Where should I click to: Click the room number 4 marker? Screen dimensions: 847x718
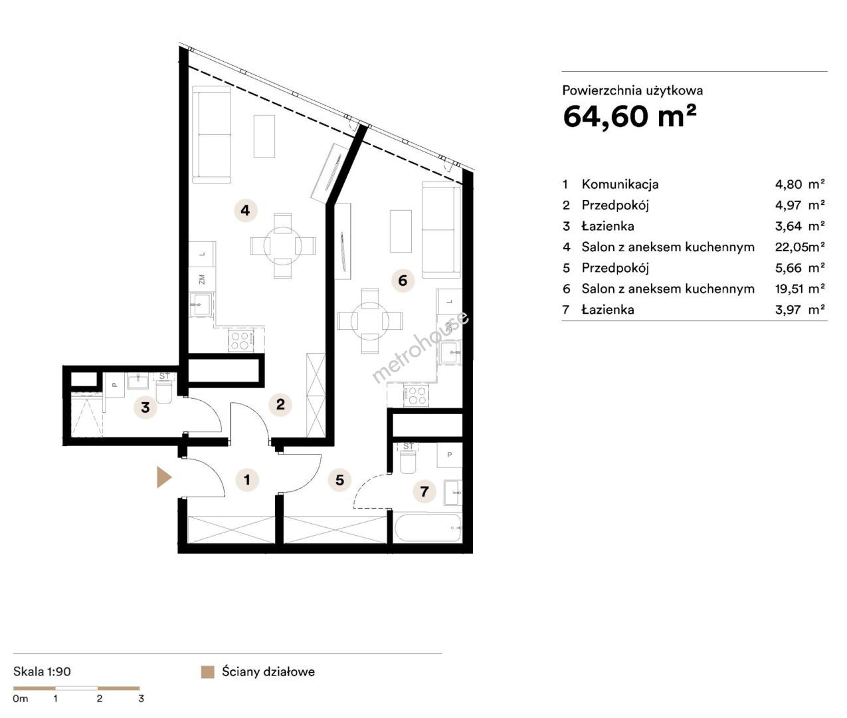pyautogui.click(x=245, y=210)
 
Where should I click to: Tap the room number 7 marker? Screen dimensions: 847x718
pyautogui.click(x=424, y=491)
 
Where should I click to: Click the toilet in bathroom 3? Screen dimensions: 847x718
pyautogui.click(x=164, y=392)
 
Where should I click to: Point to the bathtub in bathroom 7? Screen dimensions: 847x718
pyautogui.click(x=428, y=528)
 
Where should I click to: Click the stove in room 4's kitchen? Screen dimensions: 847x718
pyautogui.click(x=240, y=340)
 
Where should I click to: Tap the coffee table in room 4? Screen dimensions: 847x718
pyautogui.click(x=264, y=136)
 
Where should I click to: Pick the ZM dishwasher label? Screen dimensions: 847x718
pyautogui.click(x=202, y=279)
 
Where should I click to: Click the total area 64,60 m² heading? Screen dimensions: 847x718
pyautogui.click(x=630, y=116)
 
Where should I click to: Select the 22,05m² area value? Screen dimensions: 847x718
pyautogui.click(x=799, y=247)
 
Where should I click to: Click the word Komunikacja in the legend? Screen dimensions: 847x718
pyautogui.click(x=620, y=184)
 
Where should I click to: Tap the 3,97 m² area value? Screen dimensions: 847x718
pyautogui.click(x=799, y=310)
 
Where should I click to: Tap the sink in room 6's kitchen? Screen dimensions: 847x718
pyautogui.click(x=450, y=352)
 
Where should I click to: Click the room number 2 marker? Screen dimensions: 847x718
pyautogui.click(x=280, y=404)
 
